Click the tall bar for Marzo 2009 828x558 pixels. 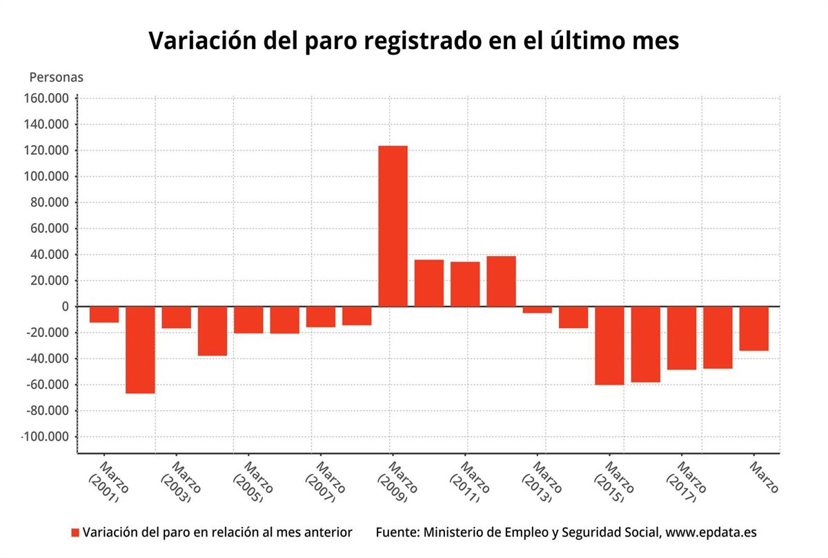[x=393, y=226]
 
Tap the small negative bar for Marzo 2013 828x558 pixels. [x=537, y=310]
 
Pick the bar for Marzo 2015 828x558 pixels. [x=609, y=345]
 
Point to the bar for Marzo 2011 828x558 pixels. [x=465, y=284]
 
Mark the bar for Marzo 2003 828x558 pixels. [x=176, y=317]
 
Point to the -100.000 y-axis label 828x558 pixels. [x=46, y=437]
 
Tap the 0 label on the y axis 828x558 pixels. [x=65, y=307]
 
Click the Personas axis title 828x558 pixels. [x=56, y=77]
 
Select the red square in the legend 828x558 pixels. [x=75, y=532]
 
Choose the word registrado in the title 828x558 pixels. [x=403, y=41]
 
